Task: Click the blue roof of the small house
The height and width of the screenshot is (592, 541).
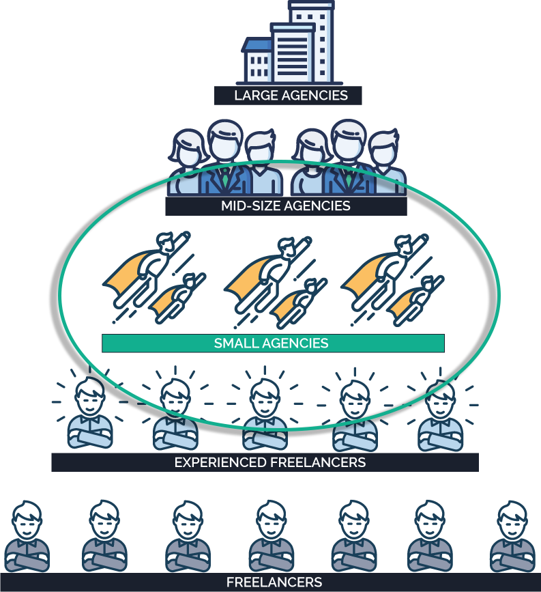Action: click(x=258, y=45)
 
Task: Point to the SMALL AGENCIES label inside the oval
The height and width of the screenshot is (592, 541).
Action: click(x=272, y=343)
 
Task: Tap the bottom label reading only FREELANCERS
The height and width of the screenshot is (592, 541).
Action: click(x=274, y=582)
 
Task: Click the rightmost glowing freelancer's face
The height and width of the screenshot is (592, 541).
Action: click(x=439, y=399)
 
